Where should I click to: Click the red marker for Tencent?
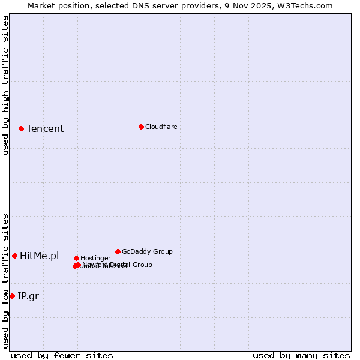[x=21, y=128]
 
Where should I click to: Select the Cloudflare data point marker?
[x=141, y=127]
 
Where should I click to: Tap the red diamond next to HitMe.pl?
[x=14, y=256]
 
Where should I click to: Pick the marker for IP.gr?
[x=12, y=296]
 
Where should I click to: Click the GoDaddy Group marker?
[x=118, y=251]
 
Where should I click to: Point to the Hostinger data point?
[x=76, y=258]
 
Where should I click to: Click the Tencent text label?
[x=45, y=128]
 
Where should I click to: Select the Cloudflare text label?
[x=161, y=127]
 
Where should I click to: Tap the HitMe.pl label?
[x=40, y=256]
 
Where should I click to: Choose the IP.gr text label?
[x=28, y=296]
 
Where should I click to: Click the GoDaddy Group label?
[x=147, y=251]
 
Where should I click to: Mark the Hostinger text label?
[x=95, y=258]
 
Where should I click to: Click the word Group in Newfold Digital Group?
[x=142, y=265]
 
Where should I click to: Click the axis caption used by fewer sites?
[x=62, y=355]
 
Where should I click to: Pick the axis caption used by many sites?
[x=301, y=355]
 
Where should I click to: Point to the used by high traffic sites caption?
[x=5, y=85]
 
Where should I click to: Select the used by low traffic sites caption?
[x=5, y=281]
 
